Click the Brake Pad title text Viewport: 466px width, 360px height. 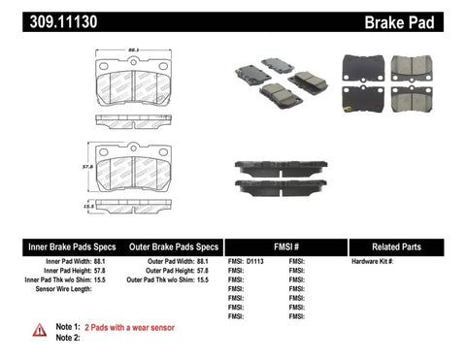424,19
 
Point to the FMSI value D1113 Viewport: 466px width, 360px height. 255,262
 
